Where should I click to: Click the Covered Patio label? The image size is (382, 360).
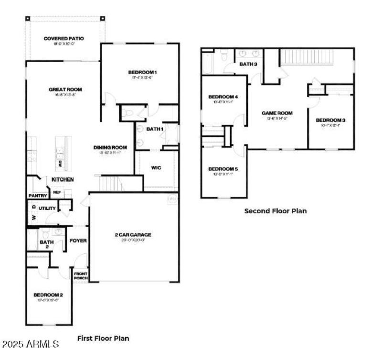[64, 38]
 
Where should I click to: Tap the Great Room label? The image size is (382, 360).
[65, 89]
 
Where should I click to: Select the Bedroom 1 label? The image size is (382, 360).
[142, 73]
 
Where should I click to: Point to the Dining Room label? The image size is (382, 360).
[110, 148]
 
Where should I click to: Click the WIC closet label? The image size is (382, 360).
[156, 168]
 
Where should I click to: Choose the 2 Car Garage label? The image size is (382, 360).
[133, 235]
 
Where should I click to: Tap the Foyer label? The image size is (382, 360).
[78, 240]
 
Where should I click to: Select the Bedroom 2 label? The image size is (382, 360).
[48, 295]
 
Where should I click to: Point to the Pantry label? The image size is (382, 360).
[37, 196]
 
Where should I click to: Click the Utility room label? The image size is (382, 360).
[47, 208]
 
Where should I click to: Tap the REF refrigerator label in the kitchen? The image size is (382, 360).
[57, 192]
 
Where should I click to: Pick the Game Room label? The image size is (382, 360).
[277, 113]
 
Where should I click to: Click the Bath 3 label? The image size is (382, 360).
[248, 64]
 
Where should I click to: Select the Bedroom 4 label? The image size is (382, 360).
[223, 98]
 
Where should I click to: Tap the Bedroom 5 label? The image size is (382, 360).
[223, 169]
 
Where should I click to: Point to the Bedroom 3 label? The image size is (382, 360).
[330, 120]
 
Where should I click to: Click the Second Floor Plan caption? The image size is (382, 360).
[276, 210]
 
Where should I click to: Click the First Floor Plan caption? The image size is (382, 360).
[103, 338]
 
